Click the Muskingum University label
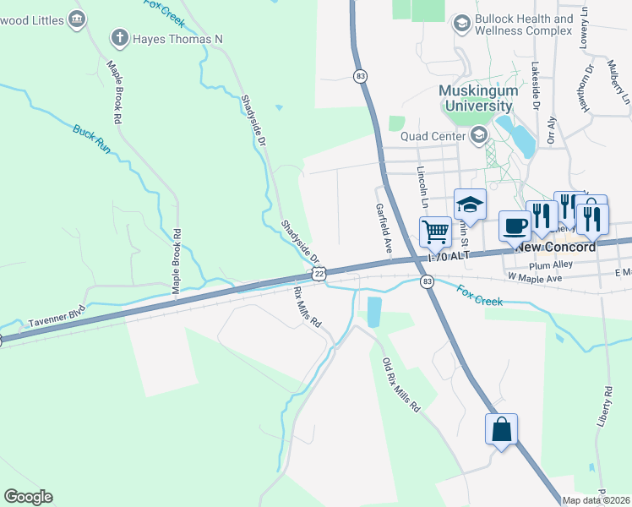tap(475, 98)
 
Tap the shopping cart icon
tap(435, 230)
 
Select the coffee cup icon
tap(515, 226)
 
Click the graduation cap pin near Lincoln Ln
tap(470, 204)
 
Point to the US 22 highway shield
tap(319, 273)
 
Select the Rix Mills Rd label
tap(308, 307)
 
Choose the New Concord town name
tap(555, 247)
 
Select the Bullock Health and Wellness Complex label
tap(524, 25)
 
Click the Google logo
tap(28, 497)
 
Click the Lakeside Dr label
tap(536, 84)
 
